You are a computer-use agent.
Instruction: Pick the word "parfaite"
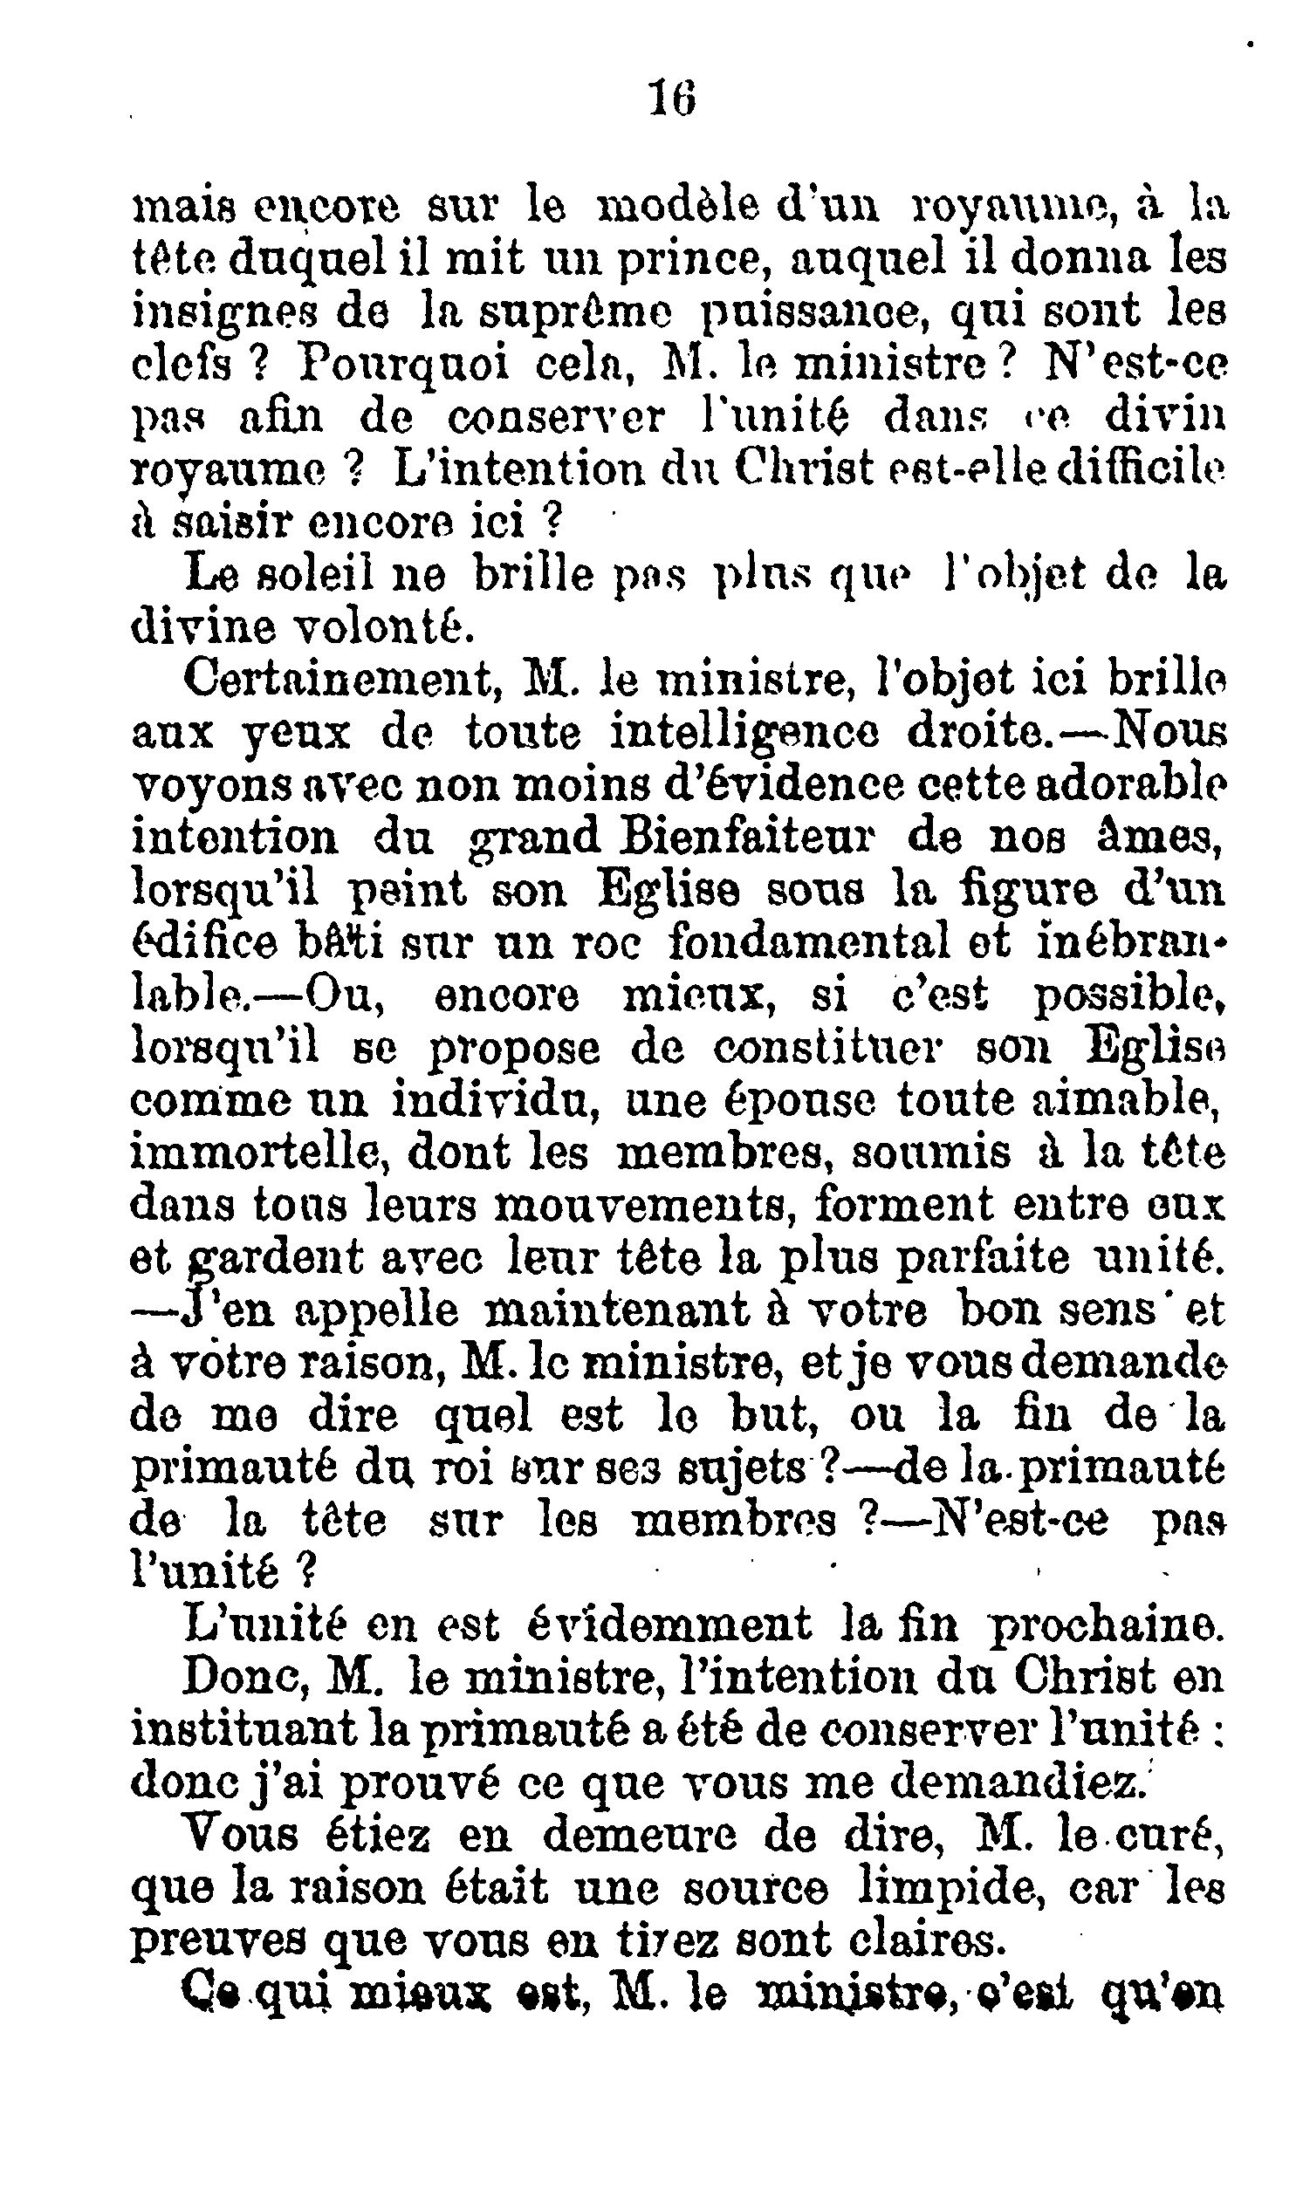coord(979,1258)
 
